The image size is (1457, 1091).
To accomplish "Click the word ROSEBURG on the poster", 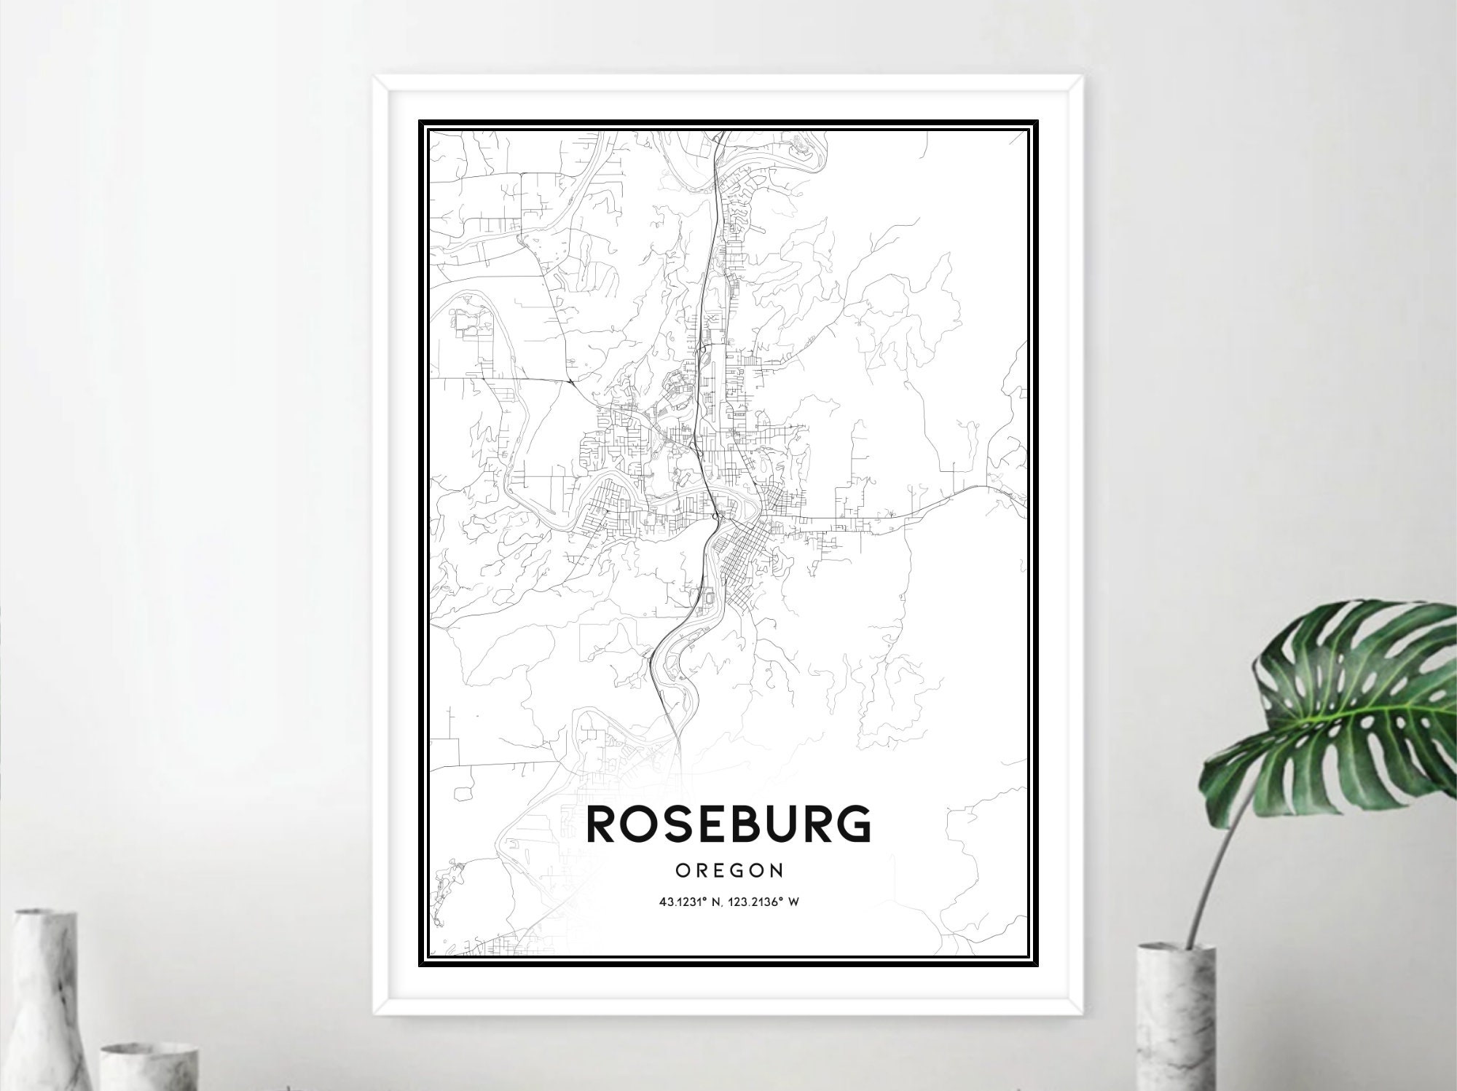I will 728,823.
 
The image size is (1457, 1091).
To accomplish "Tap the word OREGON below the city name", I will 728,870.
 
